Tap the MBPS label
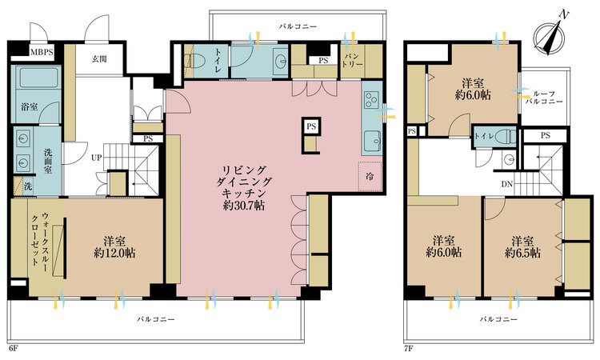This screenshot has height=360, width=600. pyautogui.click(x=41, y=53)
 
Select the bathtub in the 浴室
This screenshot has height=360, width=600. pyautogui.click(x=38, y=82)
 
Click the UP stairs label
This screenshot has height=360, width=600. pyautogui.click(x=96, y=157)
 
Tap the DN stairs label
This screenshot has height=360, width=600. pyautogui.click(x=507, y=184)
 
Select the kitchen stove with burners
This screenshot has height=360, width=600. pyautogui.click(x=373, y=101)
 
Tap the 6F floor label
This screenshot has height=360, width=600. pyautogui.click(x=14, y=349)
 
